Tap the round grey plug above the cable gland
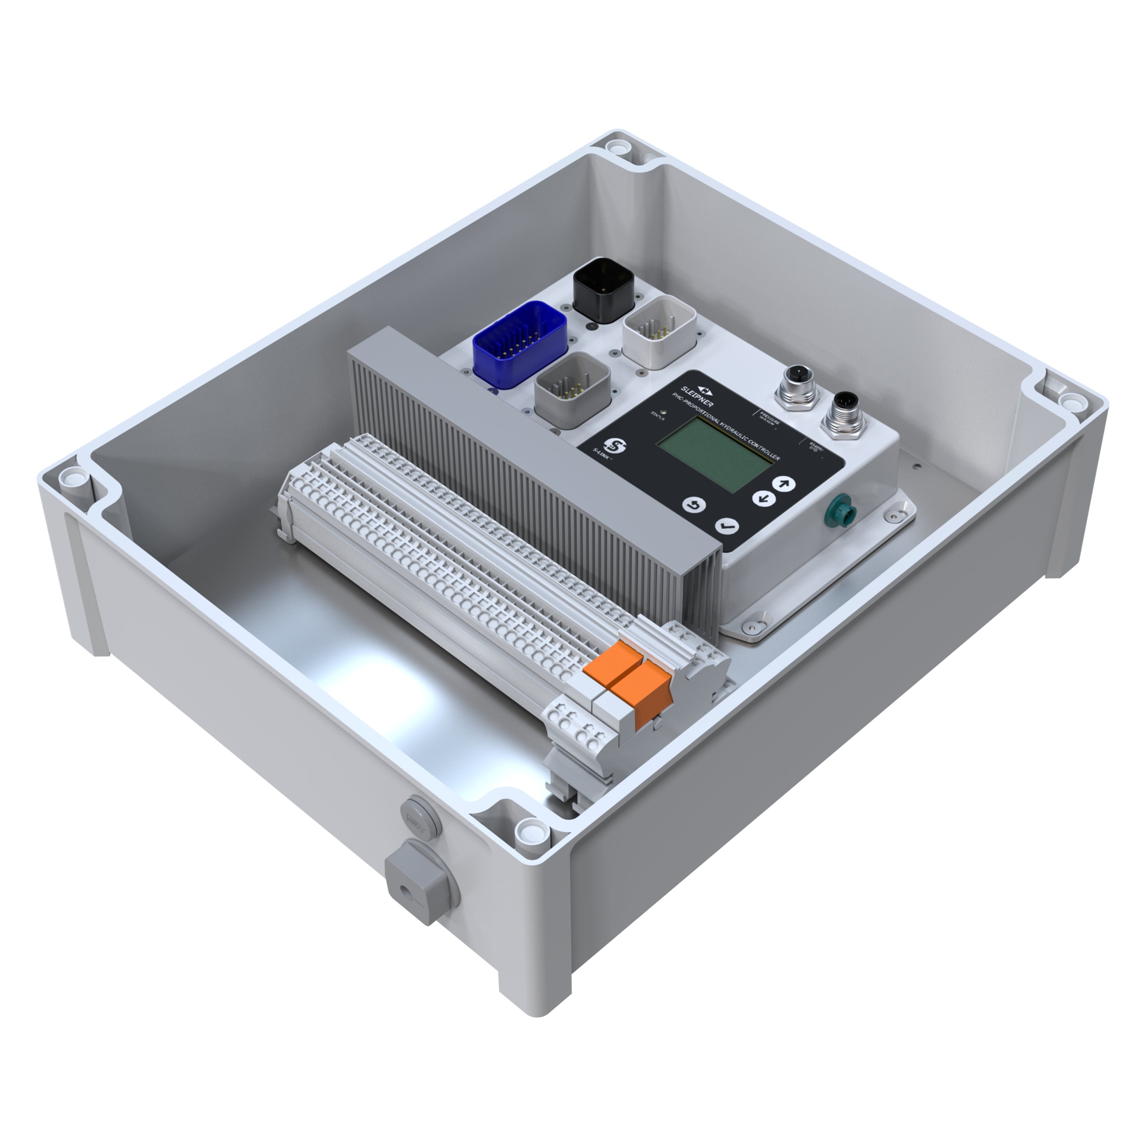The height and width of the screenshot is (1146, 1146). [420, 822]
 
